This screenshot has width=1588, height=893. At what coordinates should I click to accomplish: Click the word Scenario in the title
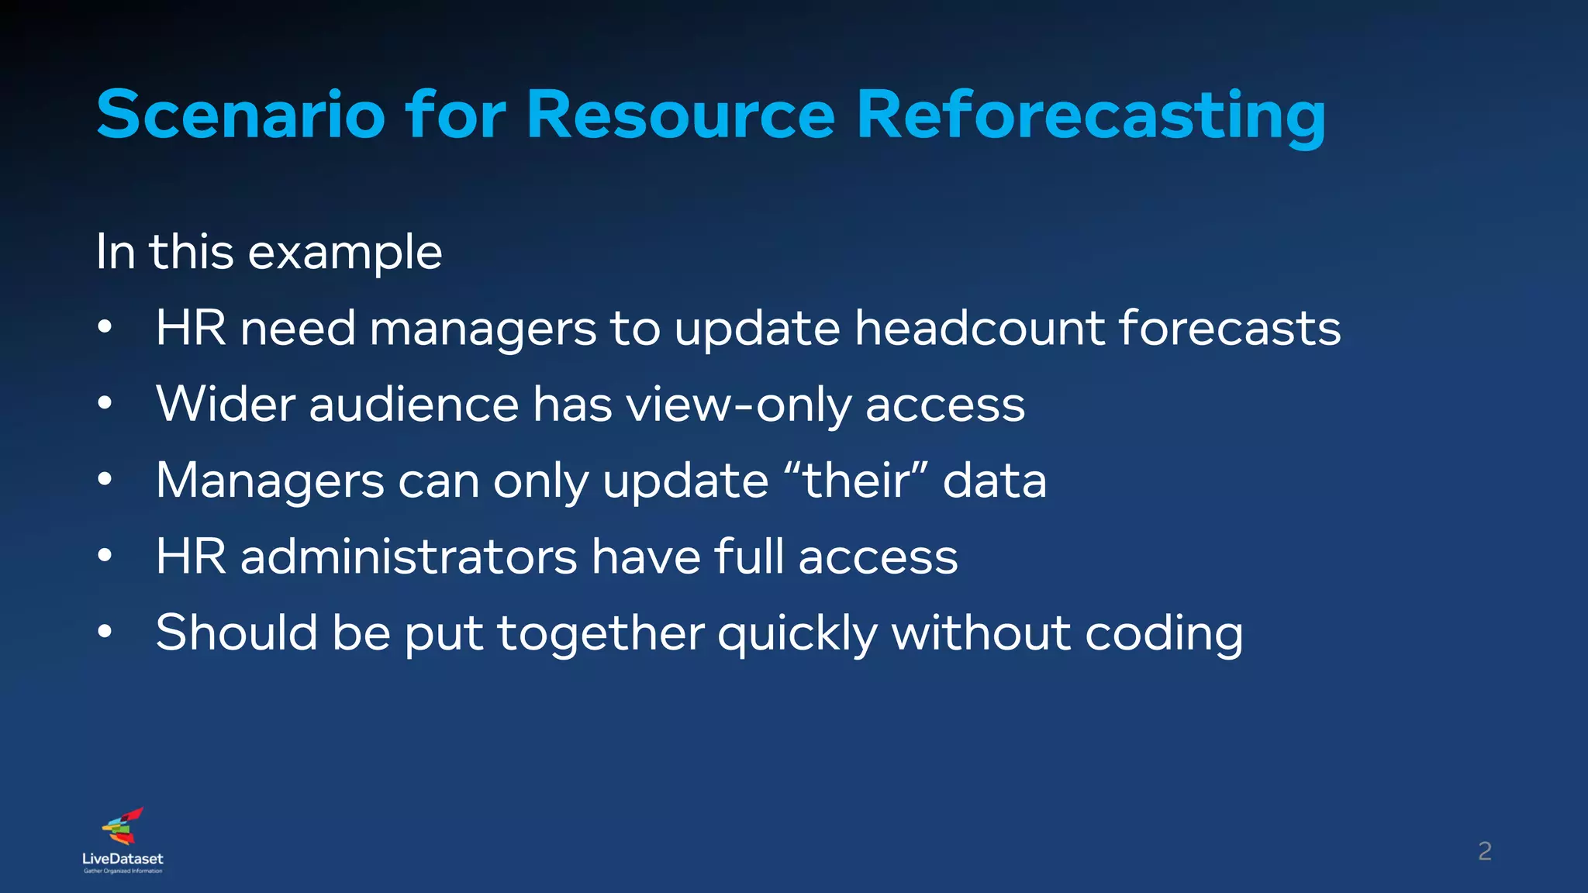point(240,115)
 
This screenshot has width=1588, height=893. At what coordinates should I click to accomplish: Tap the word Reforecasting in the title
point(1090,115)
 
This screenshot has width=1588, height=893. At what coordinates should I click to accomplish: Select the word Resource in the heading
point(680,115)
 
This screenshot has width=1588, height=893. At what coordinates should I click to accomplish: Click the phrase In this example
point(269,252)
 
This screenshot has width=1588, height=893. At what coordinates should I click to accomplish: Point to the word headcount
point(979,328)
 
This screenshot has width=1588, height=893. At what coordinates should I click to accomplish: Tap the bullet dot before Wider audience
point(105,403)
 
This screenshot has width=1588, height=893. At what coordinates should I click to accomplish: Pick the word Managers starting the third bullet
point(269,481)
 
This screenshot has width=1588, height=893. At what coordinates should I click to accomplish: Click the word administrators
point(409,557)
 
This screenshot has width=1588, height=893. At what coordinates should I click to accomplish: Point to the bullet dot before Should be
point(105,631)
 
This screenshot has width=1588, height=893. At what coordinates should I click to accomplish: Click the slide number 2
point(1484,852)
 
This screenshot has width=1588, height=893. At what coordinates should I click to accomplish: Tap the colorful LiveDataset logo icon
point(123,826)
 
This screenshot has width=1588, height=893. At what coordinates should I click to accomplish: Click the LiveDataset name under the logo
point(123,859)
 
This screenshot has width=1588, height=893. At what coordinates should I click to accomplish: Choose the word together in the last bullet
point(600,633)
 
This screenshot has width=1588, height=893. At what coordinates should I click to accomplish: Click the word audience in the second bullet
point(413,405)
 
